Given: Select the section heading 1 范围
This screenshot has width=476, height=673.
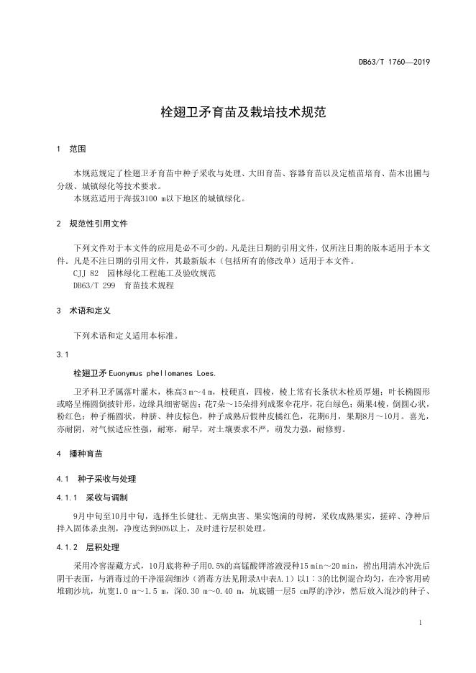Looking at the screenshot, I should coord(70,150).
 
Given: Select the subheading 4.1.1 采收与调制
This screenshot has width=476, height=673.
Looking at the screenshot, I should coord(93,497).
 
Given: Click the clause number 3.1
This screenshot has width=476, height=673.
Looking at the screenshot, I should coord(62,354).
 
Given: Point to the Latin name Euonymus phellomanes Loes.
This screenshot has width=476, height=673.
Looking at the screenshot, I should coord(162,374).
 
